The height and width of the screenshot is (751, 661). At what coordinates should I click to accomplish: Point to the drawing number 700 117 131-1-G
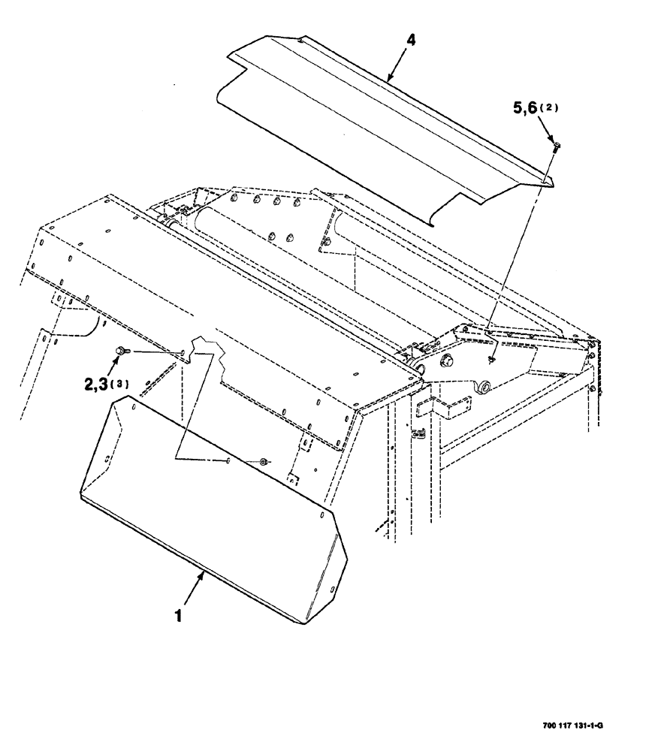click(x=572, y=726)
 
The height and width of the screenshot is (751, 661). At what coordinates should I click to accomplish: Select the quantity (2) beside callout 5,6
click(x=553, y=108)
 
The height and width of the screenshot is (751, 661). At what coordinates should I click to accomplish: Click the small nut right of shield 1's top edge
click(x=263, y=461)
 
